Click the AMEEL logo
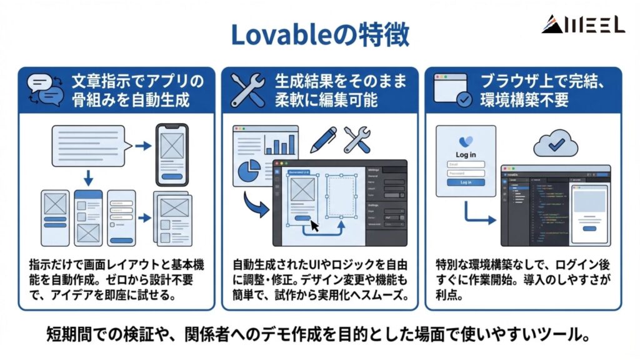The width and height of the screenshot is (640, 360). coord(582,24)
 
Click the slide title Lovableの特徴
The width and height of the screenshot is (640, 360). coord(319,35)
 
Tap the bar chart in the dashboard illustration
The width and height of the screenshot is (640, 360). coord(279,145)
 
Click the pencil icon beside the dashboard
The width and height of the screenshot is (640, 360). coord(322,140)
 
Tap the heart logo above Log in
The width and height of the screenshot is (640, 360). coord(466,142)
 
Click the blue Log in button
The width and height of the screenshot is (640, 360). coord(466,182)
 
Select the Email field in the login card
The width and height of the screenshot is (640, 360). coord(466,164)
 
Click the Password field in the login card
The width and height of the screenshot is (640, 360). coord(466,173)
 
